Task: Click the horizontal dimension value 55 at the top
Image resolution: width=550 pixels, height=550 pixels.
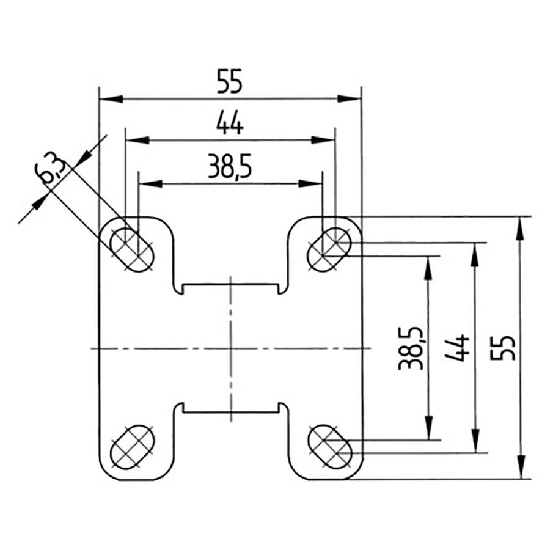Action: pos(230,81)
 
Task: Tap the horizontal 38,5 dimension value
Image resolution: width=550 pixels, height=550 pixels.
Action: pos(230,167)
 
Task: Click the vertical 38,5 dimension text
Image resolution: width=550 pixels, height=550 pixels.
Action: pos(408,348)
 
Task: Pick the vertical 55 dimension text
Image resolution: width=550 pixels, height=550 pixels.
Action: pos(507,348)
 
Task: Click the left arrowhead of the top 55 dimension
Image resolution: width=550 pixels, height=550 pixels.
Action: pos(110,98)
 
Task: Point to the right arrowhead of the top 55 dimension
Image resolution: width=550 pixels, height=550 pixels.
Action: pos(350,98)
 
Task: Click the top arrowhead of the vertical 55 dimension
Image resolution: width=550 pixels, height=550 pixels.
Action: pos(520,227)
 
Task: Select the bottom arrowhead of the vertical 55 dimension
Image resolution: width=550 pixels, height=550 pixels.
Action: pos(520,467)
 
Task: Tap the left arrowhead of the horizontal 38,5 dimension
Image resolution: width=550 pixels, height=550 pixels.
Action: pos(150,183)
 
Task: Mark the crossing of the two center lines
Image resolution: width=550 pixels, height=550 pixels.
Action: pos(231,348)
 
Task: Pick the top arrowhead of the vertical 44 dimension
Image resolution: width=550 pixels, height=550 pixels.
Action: pos(474,253)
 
